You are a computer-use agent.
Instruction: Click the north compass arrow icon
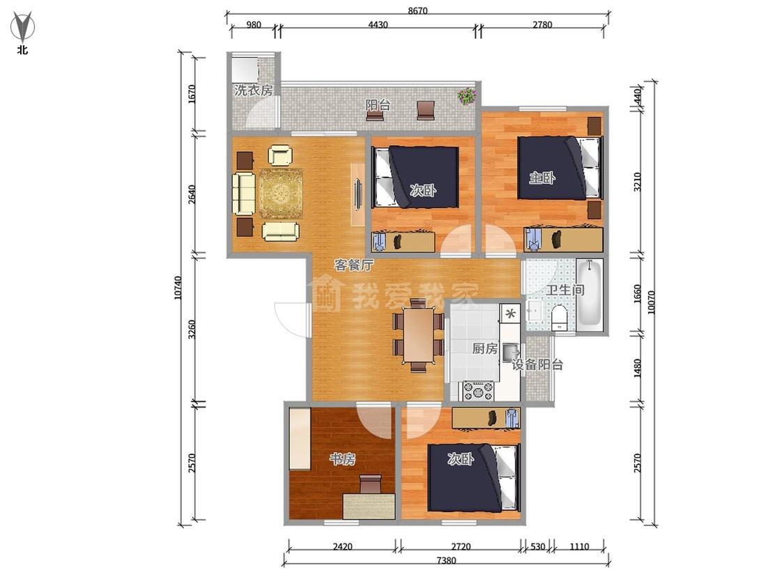[x=23, y=27]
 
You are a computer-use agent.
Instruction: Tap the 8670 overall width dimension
[x=417, y=10]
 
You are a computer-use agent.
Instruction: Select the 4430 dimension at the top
[x=378, y=24]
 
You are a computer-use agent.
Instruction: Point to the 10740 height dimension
[x=178, y=288]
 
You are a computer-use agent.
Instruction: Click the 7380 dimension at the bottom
[x=446, y=561]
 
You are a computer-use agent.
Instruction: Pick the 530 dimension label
[x=537, y=546]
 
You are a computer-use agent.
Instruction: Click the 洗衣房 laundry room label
[x=254, y=91]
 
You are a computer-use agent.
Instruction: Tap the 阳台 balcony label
[x=378, y=105]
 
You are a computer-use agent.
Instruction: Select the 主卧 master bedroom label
[x=542, y=178]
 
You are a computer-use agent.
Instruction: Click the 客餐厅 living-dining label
[x=353, y=265]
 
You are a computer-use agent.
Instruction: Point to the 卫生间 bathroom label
[x=565, y=290]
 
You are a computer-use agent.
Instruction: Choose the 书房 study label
[x=342, y=458]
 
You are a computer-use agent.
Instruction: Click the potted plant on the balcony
[x=466, y=95]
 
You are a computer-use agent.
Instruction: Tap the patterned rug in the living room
[x=281, y=194]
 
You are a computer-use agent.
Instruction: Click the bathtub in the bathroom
[x=590, y=293]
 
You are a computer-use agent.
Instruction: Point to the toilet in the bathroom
[x=559, y=318]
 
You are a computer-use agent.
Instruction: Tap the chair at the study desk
[x=371, y=483]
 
